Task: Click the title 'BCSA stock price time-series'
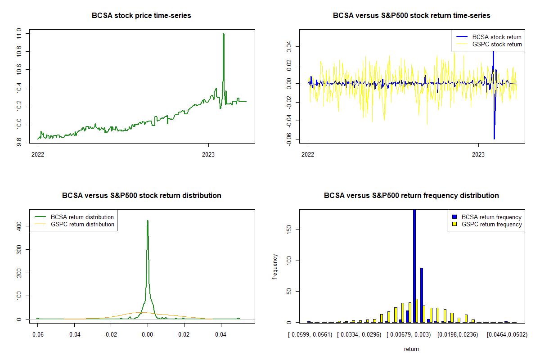141,16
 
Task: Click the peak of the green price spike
224,34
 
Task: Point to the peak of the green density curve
148,221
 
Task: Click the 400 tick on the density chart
19,226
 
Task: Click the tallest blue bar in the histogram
414,265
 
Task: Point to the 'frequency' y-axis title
275,266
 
